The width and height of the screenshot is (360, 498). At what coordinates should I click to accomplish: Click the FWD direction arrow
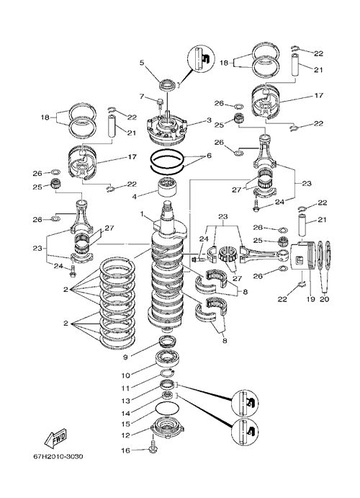55,439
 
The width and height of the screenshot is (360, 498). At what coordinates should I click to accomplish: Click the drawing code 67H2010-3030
58,457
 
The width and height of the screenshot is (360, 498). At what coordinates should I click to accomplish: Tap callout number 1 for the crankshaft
143,214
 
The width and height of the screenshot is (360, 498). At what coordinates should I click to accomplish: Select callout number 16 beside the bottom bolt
126,450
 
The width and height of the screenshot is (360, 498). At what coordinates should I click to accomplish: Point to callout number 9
125,357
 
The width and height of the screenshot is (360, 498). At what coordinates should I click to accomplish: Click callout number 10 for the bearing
125,375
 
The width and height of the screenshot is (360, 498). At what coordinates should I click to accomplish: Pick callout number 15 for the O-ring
126,424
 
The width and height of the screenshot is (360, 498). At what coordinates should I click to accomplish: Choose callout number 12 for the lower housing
126,435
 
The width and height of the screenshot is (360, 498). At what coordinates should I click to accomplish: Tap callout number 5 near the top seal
142,63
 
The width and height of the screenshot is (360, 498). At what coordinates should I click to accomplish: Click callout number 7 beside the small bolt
142,96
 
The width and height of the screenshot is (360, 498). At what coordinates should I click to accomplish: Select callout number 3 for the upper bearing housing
209,120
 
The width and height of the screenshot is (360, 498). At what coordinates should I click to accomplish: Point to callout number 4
135,197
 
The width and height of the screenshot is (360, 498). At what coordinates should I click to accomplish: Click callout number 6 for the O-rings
209,156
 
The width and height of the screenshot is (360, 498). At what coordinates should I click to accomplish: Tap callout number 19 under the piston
310,299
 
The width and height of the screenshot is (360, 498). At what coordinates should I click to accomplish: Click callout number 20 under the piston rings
325,299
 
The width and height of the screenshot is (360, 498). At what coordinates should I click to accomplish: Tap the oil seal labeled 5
168,85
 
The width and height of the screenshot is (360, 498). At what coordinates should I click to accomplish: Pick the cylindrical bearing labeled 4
167,188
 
